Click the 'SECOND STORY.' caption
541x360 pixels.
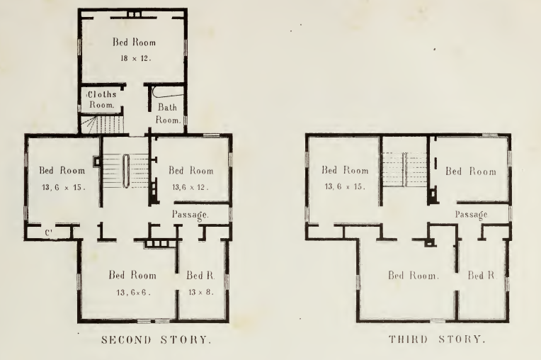coord(156,340)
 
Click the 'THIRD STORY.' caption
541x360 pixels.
coord(437,339)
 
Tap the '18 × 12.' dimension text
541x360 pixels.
coord(135,58)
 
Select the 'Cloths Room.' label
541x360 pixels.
coord(101,99)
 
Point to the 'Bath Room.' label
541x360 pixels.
coord(168,113)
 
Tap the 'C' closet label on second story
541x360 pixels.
coord(48,233)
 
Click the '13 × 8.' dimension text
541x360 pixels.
coord(201,292)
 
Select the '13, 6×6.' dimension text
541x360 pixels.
coord(133,293)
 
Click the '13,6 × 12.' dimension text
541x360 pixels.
coord(190,187)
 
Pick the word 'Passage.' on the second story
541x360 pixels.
coord(190,215)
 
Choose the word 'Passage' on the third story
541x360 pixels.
coord(471,215)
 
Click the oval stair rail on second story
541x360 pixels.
coord(126,171)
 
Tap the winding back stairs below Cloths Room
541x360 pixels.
coord(102,125)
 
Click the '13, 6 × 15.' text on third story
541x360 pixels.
coord(345,186)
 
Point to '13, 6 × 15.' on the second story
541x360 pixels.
coord(63,187)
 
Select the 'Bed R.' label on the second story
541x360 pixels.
coord(201,276)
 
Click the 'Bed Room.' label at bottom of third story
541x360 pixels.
coord(414,276)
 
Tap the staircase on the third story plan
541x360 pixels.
coord(405,169)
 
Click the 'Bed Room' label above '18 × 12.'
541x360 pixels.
coord(134,42)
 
